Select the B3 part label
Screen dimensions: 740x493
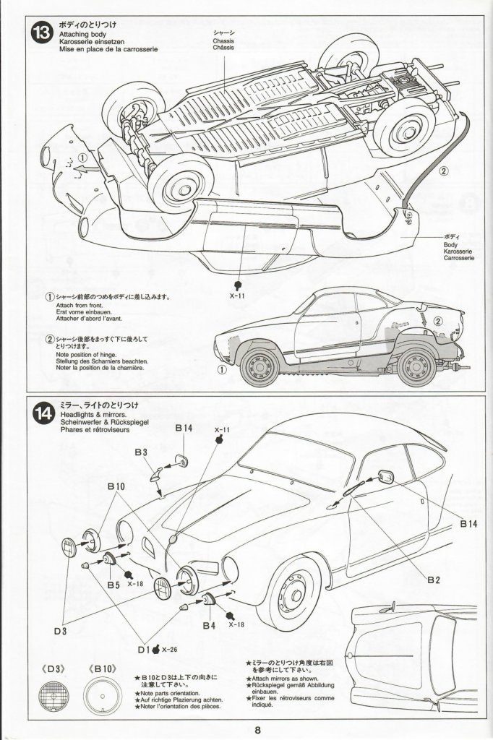pyautogui.click(x=141, y=452)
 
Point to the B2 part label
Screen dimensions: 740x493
pyautogui.click(x=433, y=580)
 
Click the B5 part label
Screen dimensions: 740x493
pyautogui.click(x=113, y=583)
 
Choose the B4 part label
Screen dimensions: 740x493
pyautogui.click(x=210, y=624)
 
